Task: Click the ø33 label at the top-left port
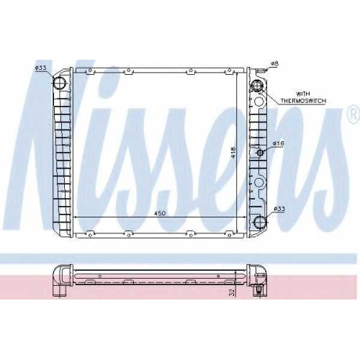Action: [40, 68]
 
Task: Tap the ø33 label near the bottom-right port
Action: [279, 210]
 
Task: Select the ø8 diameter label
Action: [274, 63]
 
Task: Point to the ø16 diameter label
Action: [278, 143]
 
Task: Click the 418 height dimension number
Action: [233, 153]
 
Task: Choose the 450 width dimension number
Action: [160, 213]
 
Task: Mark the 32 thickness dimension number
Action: [232, 292]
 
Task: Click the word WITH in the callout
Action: [303, 94]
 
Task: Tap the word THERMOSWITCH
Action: [303, 101]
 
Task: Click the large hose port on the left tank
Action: [59, 83]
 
